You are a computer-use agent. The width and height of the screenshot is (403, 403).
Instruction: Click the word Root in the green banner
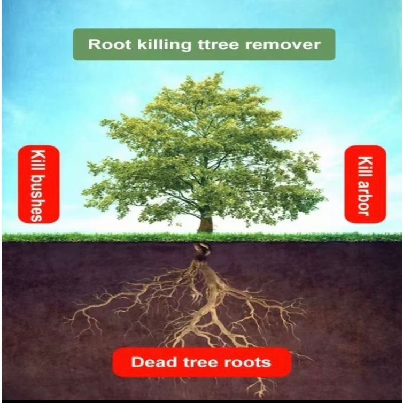104,44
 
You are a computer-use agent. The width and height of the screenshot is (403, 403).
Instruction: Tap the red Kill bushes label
38,184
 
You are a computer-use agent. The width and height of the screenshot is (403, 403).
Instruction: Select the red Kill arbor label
365,184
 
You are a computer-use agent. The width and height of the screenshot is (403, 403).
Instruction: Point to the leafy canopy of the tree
203,144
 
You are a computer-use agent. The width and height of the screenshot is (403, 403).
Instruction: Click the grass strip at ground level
107,237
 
